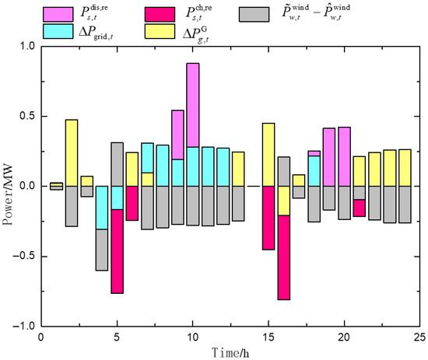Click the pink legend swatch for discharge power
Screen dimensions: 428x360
[58, 14]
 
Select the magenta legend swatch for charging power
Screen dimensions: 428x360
[160, 14]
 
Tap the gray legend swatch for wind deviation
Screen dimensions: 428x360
[254, 14]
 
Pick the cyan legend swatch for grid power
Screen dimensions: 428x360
[58, 31]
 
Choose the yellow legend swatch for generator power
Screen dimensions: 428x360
[160, 31]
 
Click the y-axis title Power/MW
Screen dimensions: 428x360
[8, 194]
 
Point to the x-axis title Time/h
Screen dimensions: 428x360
[230, 353]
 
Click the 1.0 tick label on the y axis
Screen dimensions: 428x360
[27, 46]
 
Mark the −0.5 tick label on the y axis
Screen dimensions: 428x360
[24, 257]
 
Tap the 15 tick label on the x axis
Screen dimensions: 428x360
[268, 337]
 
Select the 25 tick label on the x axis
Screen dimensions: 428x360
[419, 337]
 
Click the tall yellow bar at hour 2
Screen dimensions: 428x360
[72, 153]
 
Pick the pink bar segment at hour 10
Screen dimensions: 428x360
[193, 105]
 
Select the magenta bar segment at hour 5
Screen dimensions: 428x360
[117, 251]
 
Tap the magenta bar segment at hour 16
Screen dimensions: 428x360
[284, 257]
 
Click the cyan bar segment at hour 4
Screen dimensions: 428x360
[102, 208]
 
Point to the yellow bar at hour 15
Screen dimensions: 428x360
[268, 155]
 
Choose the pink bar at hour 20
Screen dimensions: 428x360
[345, 157]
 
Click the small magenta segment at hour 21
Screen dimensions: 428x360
[360, 208]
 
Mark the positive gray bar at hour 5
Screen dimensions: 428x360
[117, 165]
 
